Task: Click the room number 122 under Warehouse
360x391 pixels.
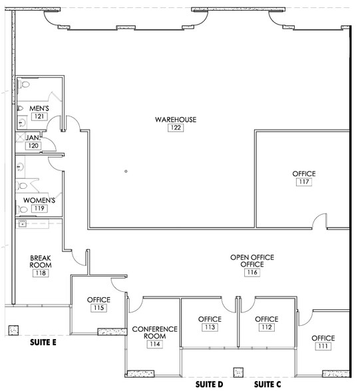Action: coord(176,128)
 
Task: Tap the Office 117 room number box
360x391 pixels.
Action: coord(303,182)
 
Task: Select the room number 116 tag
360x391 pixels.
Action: coord(252,273)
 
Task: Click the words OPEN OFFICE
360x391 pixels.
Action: coord(252,257)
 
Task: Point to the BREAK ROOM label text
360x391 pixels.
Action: coord(41,261)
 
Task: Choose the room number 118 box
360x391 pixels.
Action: coord(41,273)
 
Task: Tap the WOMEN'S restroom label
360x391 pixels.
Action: coord(39,199)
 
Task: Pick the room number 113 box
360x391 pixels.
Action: coord(210,327)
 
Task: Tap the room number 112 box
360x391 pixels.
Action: coord(267,327)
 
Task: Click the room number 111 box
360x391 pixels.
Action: coord(324,346)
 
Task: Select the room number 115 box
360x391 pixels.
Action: coord(98,308)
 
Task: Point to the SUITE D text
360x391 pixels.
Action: coord(208,384)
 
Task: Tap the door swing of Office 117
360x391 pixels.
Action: coord(320,222)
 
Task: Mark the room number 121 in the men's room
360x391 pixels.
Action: coord(39,116)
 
